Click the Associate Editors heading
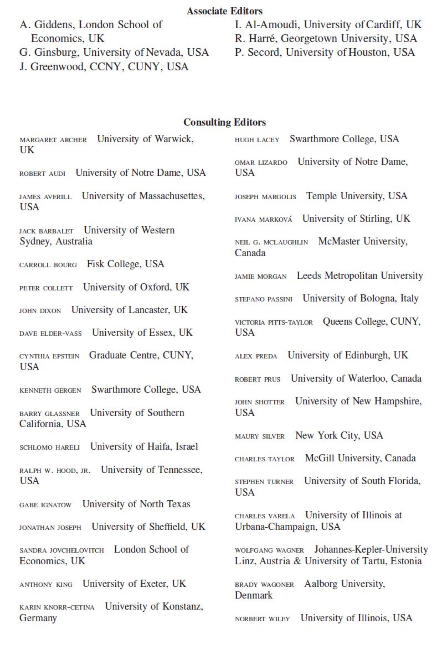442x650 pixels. pyautogui.click(x=225, y=11)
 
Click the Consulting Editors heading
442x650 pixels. pyautogui.click(x=225, y=122)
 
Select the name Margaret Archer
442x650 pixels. pyautogui.click(x=53, y=140)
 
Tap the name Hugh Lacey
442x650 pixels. pyautogui.click(x=257, y=140)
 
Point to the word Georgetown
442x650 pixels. pyautogui.click(x=309, y=39)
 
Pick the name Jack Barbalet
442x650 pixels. pyautogui.click(x=46, y=231)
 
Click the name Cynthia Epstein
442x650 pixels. pyautogui.click(x=49, y=356)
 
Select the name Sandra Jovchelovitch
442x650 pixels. pyautogui.click(x=62, y=550)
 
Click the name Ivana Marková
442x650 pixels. pyautogui.click(x=263, y=219)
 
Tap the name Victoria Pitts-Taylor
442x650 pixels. pyautogui.click(x=273, y=322)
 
